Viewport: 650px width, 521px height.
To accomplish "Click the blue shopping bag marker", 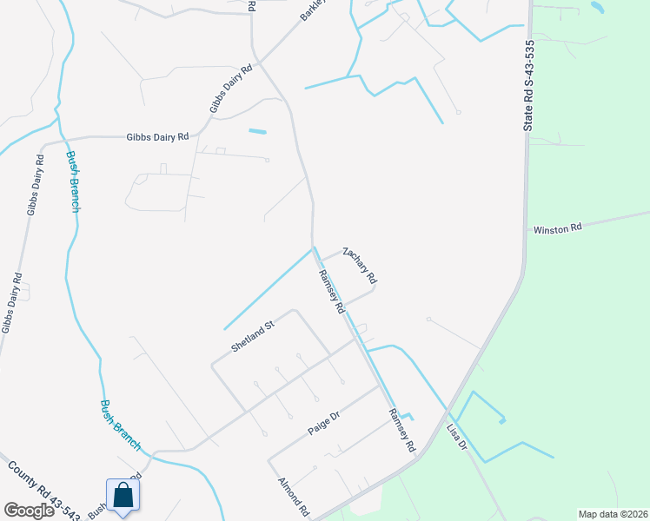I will pos(123,496).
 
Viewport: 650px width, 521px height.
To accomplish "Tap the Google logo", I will pos(29,511).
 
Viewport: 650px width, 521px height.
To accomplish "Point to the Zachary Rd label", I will pos(360,266).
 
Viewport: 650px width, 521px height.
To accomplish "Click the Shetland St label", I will pos(253,335).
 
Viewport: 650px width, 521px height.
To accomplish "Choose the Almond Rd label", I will pos(294,497).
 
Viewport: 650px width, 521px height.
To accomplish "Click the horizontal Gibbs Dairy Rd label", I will pos(157,136).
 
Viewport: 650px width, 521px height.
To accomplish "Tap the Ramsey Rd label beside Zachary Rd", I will pos(332,292).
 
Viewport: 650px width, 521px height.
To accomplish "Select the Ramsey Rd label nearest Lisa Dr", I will pos(401,431).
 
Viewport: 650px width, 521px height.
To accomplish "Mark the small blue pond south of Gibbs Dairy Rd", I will pos(258,132).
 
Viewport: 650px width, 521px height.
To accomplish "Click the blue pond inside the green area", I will pos(598,7).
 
